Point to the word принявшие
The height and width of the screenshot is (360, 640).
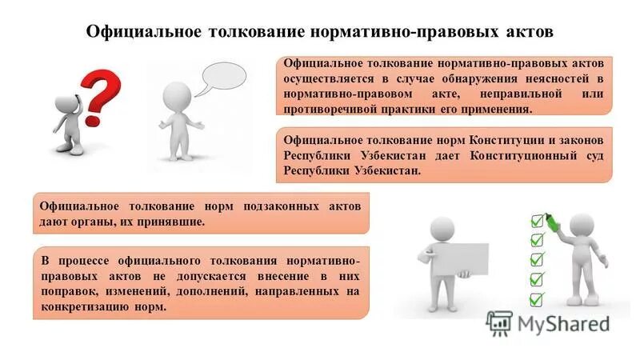174,222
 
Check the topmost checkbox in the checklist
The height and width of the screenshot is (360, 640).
537,220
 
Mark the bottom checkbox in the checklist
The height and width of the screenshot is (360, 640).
536,298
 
